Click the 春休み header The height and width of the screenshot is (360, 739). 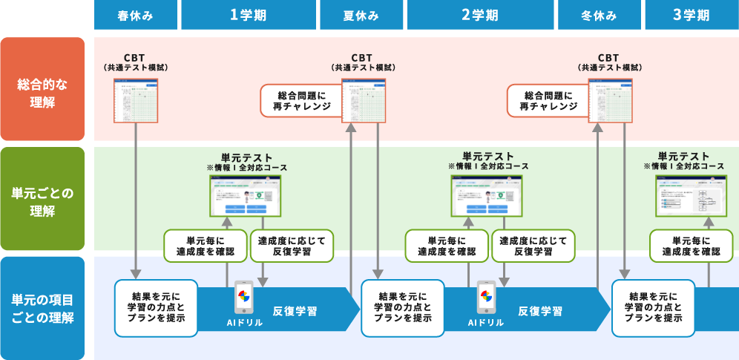pyautogui.click(x=136, y=15)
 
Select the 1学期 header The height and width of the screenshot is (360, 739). pyautogui.click(x=249, y=15)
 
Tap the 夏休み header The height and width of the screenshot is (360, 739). pyautogui.click(x=361, y=15)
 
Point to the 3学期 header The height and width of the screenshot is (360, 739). pyautogui.click(x=691, y=15)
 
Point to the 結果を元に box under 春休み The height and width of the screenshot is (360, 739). pyautogui.click(x=156, y=306)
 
